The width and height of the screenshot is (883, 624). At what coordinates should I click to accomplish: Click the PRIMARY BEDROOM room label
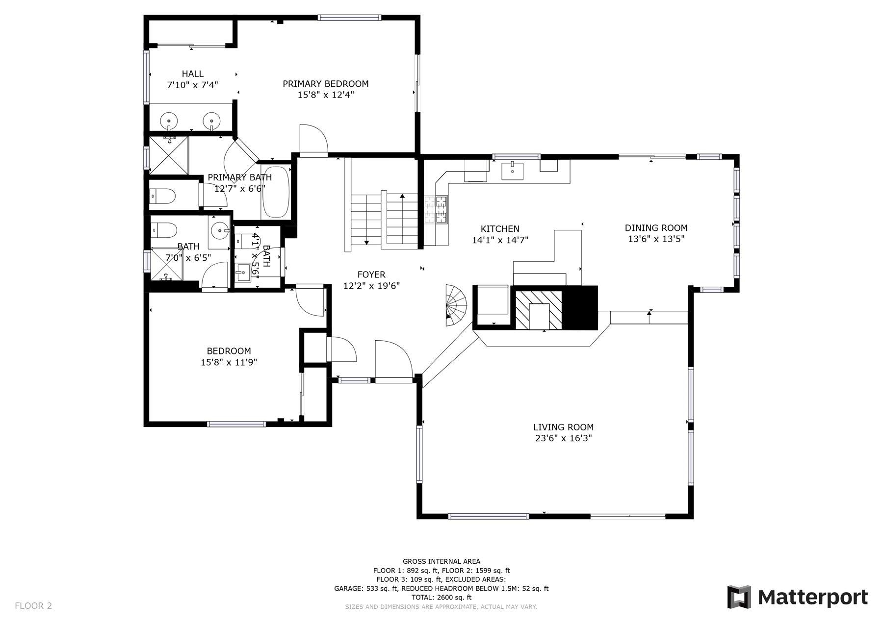(325, 84)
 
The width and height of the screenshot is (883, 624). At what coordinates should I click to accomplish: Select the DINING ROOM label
(656, 228)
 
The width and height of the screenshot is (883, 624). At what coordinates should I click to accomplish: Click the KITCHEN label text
(499, 229)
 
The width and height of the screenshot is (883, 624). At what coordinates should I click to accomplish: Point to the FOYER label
(371, 275)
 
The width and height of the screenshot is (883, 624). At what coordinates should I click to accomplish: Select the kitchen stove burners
(436, 210)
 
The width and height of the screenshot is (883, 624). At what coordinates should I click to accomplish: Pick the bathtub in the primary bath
(276, 192)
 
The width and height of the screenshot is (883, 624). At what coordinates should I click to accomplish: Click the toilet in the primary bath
(163, 196)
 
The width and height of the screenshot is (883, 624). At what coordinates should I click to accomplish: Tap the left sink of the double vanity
(170, 119)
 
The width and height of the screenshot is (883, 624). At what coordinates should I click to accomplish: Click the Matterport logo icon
(739, 597)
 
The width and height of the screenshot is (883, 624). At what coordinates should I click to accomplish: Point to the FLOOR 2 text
(33, 606)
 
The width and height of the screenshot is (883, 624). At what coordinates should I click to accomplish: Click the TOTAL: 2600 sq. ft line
(441, 598)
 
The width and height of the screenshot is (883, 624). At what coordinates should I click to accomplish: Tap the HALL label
(192, 74)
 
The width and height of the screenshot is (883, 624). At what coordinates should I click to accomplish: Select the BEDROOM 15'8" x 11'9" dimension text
(229, 363)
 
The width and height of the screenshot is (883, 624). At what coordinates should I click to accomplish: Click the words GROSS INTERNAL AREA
(441, 562)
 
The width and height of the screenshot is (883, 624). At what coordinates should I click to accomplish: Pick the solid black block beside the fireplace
(580, 308)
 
